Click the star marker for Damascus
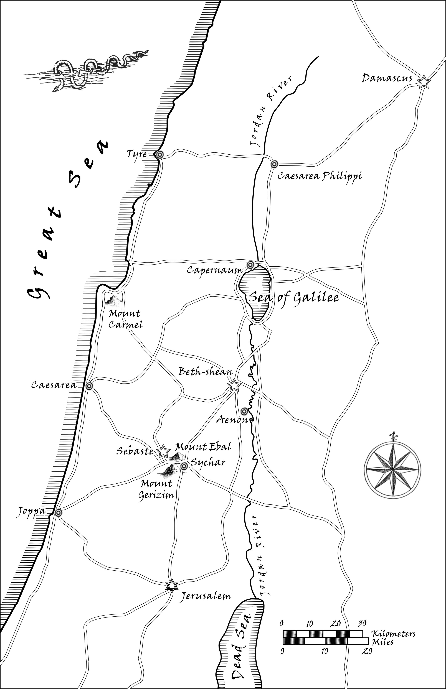click(x=423, y=82)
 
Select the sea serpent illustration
click(x=87, y=71)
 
